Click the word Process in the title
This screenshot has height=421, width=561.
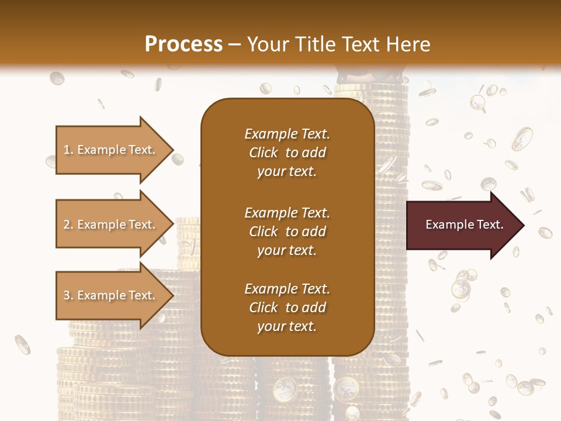pyautogui.click(x=183, y=44)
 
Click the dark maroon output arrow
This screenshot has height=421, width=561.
pyautogui.click(x=462, y=225)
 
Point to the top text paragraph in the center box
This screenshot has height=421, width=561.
pyautogui.click(x=287, y=153)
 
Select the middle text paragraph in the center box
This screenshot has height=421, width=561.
pyautogui.click(x=287, y=231)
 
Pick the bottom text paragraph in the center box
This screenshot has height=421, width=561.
pyautogui.click(x=287, y=308)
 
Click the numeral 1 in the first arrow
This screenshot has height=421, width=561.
pyautogui.click(x=67, y=150)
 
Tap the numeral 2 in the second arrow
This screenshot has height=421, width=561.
pyautogui.click(x=67, y=225)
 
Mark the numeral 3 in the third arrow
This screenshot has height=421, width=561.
pyautogui.click(x=67, y=295)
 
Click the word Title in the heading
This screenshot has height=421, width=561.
pyautogui.click(x=315, y=44)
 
